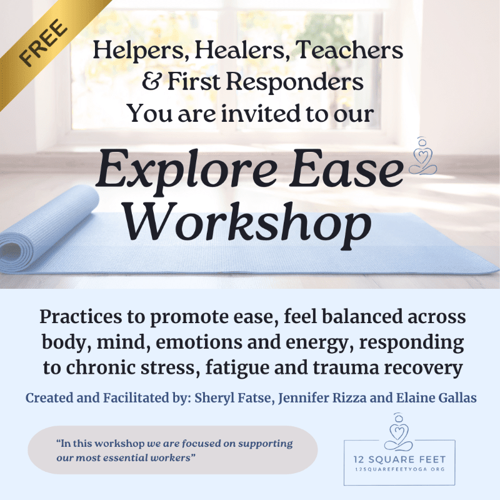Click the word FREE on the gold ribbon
click(x=43, y=43)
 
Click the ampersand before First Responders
click(x=151, y=81)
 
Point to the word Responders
click(x=295, y=82)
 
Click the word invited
click(x=261, y=113)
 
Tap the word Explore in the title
click(x=186, y=171)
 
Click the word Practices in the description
click(x=81, y=317)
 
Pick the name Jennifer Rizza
click(x=322, y=398)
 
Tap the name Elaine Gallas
click(x=436, y=397)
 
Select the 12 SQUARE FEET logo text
click(x=399, y=459)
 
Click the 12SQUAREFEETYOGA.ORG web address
click(x=399, y=469)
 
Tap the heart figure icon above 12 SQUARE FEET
click(x=398, y=432)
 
